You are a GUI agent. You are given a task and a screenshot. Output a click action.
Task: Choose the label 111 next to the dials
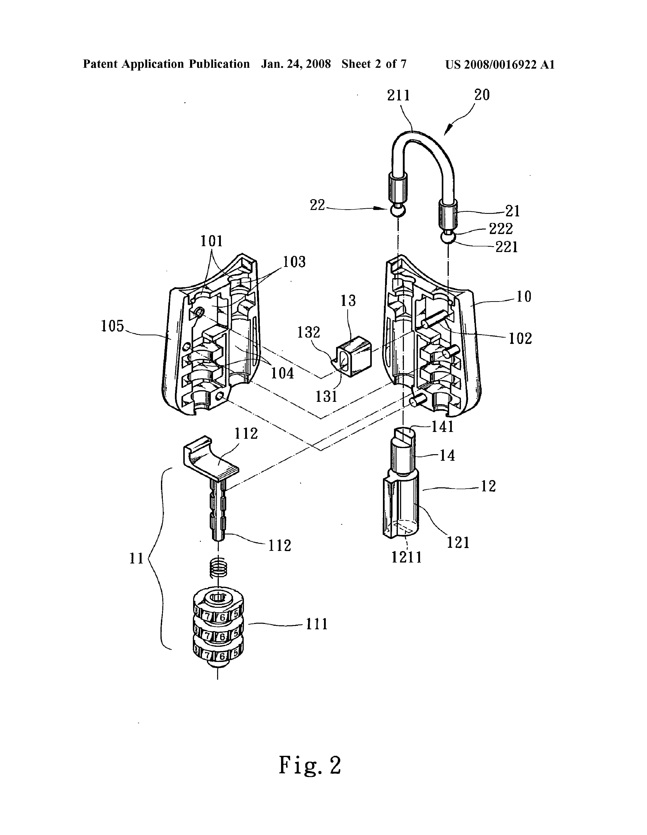[317, 624]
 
